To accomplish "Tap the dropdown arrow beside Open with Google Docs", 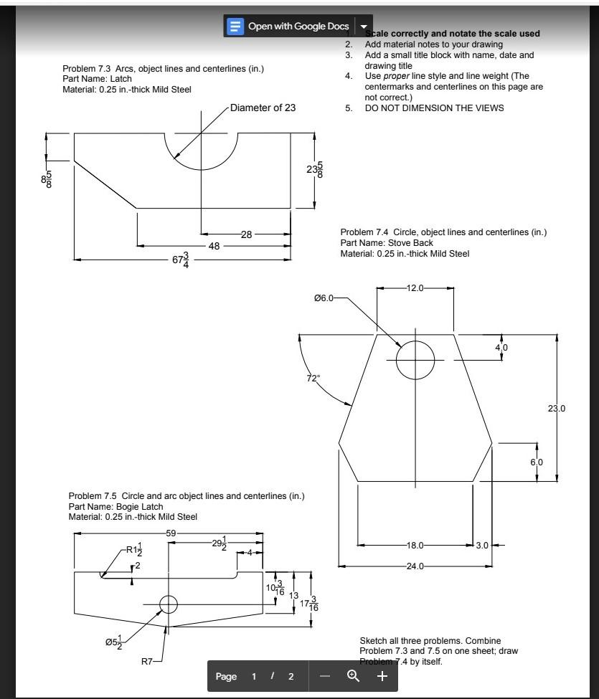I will click(x=363, y=27).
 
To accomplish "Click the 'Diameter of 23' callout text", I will click(x=263, y=108).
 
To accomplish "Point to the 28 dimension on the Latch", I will click(x=246, y=234).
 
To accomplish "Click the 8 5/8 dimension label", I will click(x=47, y=179).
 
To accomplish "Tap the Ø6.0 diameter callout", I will click(x=324, y=298).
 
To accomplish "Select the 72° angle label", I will click(x=313, y=379).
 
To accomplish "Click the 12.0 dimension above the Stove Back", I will click(x=415, y=287).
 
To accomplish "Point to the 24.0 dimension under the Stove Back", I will click(x=415, y=566).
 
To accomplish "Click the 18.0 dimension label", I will click(x=415, y=546).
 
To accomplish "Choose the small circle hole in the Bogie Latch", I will click(x=168, y=604).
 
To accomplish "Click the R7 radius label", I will click(x=146, y=660).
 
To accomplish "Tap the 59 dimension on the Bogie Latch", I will click(x=171, y=533).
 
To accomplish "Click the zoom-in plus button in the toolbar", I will click(x=382, y=676).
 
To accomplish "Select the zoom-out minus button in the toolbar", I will click(x=325, y=676).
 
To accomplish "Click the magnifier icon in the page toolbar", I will click(x=353, y=676).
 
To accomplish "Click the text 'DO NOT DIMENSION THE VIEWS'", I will click(x=434, y=108).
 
